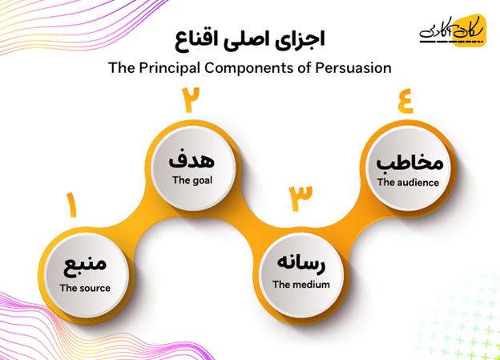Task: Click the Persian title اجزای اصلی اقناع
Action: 250,40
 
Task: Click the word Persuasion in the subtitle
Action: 353,68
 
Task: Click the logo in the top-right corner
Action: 453,31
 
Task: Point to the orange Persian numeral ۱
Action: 72,205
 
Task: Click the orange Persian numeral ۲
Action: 191,99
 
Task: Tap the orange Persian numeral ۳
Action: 300,198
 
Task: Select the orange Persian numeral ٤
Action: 405,100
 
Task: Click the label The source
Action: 85,288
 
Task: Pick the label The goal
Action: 192,180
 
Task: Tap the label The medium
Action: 301,285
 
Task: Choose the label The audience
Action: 408,182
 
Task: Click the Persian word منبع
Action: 85,267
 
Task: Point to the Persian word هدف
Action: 192,159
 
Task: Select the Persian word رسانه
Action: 301,264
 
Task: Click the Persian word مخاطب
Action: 409,161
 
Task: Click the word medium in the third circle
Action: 310,285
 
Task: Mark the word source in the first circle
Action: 94,288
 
